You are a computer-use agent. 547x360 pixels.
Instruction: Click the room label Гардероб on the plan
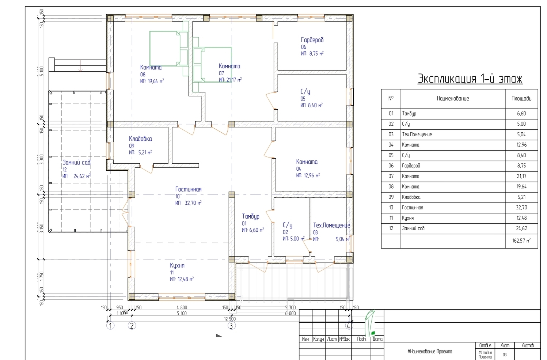tap(312, 40)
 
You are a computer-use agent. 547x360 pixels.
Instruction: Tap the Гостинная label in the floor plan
tap(188, 189)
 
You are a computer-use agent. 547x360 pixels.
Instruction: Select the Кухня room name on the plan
tap(177, 266)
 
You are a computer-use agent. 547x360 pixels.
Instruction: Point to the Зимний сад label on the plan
tap(76, 163)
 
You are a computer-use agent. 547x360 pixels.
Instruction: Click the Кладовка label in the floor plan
tap(140, 139)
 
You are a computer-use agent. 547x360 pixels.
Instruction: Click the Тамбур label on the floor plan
tap(251, 216)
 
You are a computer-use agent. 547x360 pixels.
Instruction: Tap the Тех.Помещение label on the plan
tap(331, 226)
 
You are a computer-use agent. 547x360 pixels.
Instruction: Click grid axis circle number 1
tap(110, 325)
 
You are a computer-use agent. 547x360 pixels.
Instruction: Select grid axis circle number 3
tap(232, 325)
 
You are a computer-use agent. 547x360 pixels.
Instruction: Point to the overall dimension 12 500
tap(230, 319)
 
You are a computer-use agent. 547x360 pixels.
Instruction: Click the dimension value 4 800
tap(182, 308)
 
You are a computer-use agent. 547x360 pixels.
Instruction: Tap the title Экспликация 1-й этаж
tap(470, 79)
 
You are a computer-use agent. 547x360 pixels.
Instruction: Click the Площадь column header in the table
tap(521, 99)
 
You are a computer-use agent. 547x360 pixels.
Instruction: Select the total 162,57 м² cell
tap(521, 241)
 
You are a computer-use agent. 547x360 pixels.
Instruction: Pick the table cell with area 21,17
tap(521, 176)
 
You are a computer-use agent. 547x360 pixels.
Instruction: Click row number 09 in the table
tap(391, 197)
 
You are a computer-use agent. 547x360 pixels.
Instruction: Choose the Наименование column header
tap(453, 99)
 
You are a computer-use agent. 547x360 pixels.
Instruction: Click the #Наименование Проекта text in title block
tap(430, 352)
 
